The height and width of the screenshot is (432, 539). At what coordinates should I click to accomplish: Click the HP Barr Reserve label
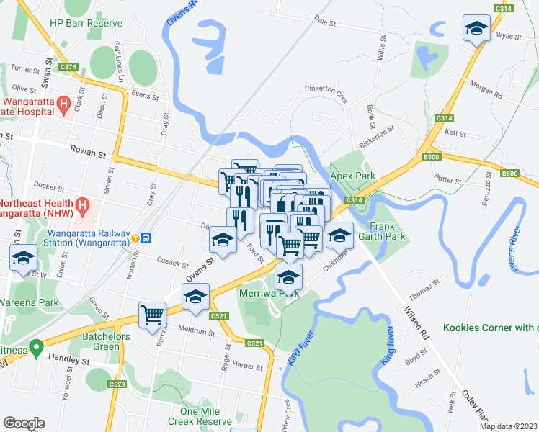[86, 23]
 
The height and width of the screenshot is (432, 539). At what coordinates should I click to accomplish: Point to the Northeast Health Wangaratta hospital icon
[83, 206]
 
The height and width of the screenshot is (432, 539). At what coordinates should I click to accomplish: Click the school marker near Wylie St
[476, 29]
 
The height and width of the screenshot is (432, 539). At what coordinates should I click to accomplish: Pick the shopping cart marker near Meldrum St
[153, 314]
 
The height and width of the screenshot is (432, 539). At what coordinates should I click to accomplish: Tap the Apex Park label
[353, 176]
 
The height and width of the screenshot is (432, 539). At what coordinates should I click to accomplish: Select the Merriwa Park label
[269, 293]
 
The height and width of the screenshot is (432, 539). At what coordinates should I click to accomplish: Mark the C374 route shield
[68, 67]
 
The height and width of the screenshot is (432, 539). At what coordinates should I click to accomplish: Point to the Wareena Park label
[30, 302]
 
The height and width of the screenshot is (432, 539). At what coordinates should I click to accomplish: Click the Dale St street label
[326, 24]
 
